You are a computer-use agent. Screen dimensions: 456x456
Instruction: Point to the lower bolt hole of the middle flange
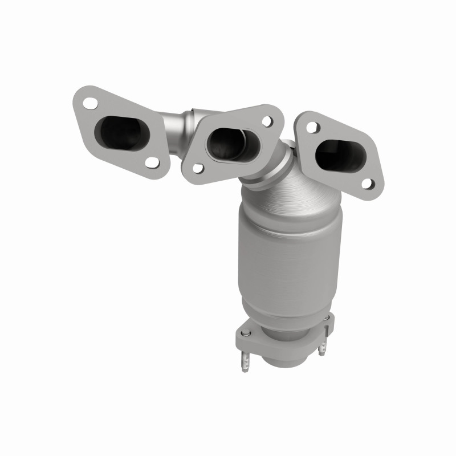click(197, 169)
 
